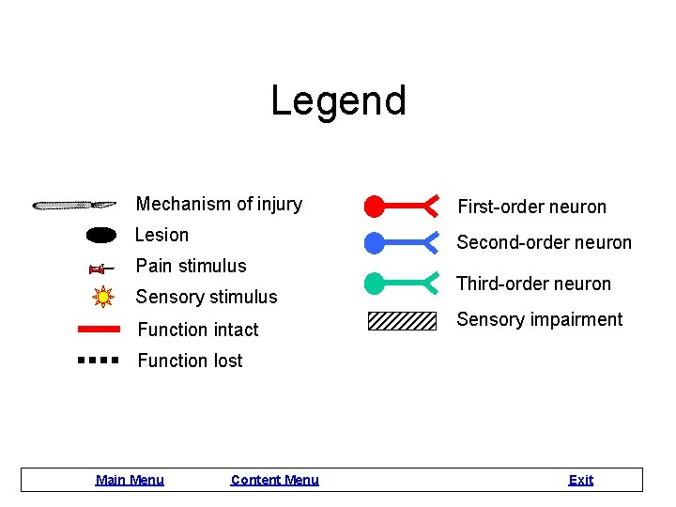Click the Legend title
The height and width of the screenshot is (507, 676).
click(x=338, y=100)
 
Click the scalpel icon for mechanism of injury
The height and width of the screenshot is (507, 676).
click(x=74, y=205)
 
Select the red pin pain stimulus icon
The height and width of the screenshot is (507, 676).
click(x=100, y=269)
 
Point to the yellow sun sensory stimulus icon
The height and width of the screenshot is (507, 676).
click(x=102, y=298)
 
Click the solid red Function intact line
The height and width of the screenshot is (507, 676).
click(x=98, y=330)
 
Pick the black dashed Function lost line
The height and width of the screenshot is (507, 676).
click(x=98, y=360)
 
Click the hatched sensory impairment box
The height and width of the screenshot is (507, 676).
click(x=402, y=321)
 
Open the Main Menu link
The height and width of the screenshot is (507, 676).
click(x=130, y=480)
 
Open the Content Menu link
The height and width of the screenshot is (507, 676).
click(x=274, y=480)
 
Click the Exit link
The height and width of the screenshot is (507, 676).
click(x=580, y=480)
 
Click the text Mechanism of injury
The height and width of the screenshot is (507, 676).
click(x=219, y=204)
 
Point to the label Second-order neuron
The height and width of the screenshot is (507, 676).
click(x=544, y=242)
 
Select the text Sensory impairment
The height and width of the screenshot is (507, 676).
click(x=539, y=319)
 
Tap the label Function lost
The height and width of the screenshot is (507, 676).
click(x=190, y=361)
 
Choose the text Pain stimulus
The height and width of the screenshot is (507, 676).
click(x=191, y=266)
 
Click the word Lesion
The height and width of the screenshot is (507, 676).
click(x=161, y=235)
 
